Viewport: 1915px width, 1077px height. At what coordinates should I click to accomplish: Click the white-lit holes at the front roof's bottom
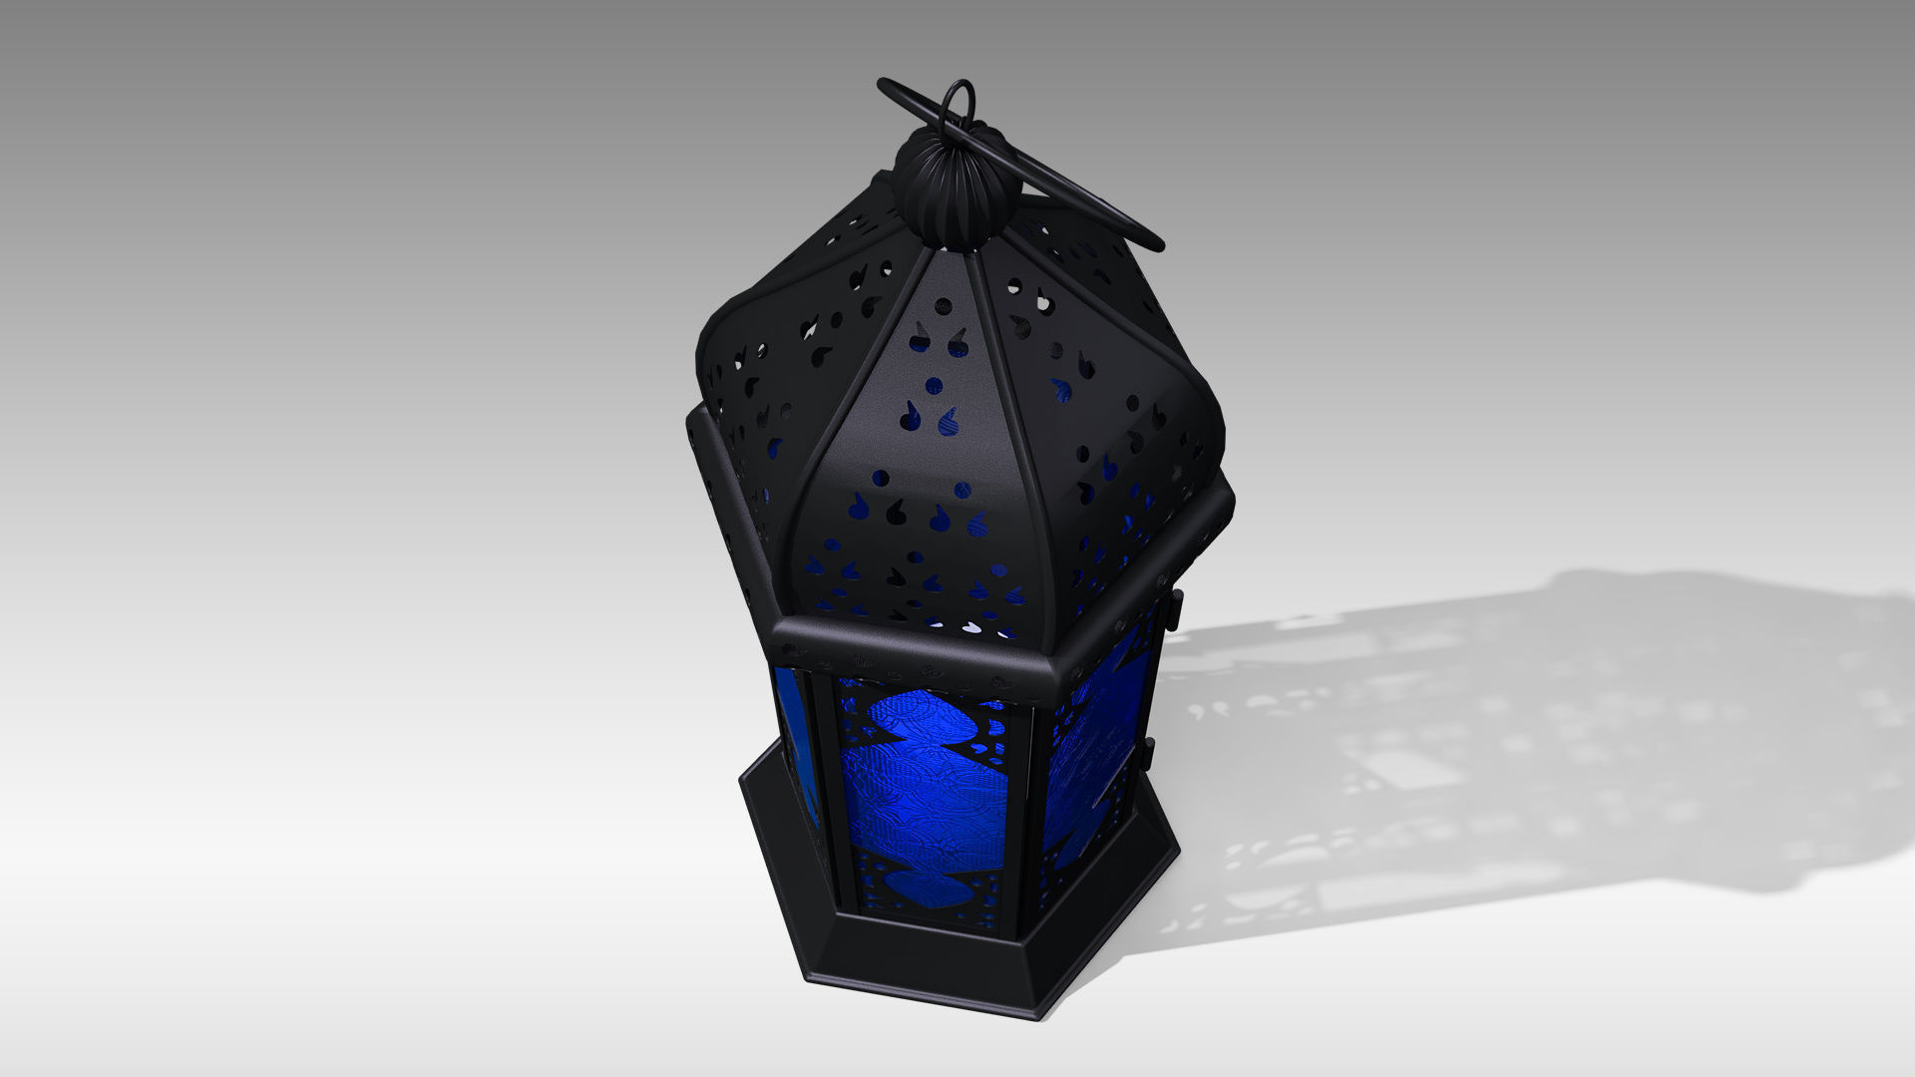972,628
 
